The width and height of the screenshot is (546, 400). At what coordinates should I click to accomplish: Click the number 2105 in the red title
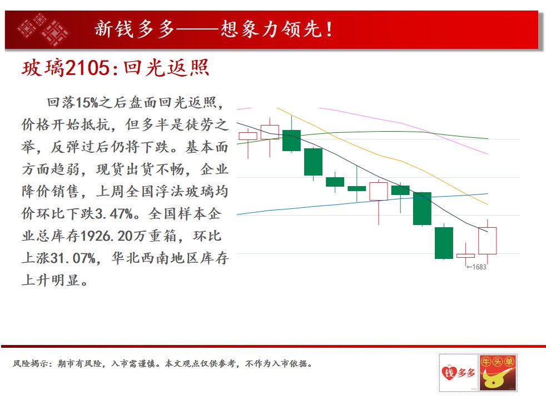[x=88, y=68]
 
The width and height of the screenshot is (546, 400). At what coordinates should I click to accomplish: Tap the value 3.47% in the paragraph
[x=114, y=213]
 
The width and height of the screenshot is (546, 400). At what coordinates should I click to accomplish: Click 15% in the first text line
[x=87, y=103]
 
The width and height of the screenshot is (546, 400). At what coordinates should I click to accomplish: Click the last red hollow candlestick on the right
[x=487, y=241]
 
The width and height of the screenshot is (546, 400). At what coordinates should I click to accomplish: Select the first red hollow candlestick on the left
[x=248, y=136]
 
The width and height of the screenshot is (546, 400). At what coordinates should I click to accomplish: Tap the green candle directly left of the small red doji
[x=444, y=243]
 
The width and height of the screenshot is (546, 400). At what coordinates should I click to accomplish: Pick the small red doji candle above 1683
[x=465, y=256]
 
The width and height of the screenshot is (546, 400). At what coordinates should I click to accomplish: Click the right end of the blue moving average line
[x=488, y=194]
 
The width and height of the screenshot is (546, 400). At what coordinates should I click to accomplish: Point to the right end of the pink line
[x=488, y=154]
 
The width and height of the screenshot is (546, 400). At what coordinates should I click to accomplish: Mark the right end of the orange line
[x=488, y=204]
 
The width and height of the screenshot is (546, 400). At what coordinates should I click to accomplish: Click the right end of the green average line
[x=488, y=138]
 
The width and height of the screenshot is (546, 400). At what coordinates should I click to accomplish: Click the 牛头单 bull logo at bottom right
[x=498, y=373]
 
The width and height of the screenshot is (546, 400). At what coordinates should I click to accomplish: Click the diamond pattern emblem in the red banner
[x=43, y=29]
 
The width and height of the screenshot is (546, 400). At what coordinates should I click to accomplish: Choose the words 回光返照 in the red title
[x=166, y=67]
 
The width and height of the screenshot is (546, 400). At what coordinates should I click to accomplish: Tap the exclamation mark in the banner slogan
[x=329, y=29]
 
